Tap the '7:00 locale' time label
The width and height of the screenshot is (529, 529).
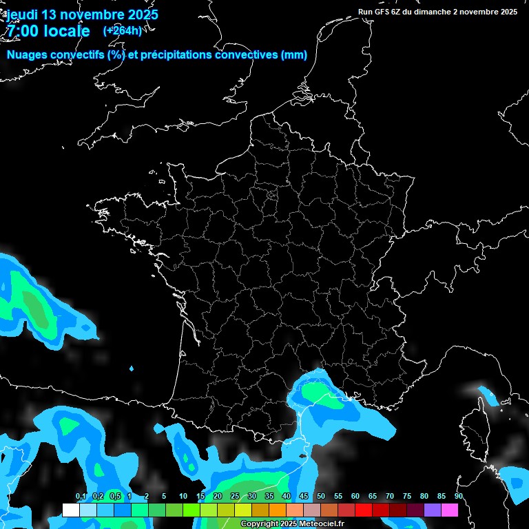pyautogui.click(x=48, y=31)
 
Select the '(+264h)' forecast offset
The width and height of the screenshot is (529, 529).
pyautogui.click(x=122, y=30)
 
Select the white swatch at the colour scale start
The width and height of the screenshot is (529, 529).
pyautogui.click(x=70, y=510)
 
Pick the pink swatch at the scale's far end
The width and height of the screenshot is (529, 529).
pyautogui.click(x=450, y=510)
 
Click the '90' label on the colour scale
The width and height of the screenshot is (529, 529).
pyautogui.click(x=458, y=497)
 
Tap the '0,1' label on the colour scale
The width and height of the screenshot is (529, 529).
pyautogui.click(x=81, y=497)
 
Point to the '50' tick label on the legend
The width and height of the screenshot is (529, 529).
pyautogui.click(x=321, y=497)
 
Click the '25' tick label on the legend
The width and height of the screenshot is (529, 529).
pyautogui.click(x=235, y=497)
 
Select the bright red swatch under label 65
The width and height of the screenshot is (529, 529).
pyautogui.click(x=364, y=510)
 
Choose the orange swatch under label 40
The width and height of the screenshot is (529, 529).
pyautogui.click(x=278, y=510)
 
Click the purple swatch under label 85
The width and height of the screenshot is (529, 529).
pyautogui.click(x=433, y=510)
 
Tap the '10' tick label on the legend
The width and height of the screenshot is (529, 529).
pyautogui.click(x=183, y=497)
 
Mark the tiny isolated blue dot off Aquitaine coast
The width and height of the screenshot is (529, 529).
pyautogui.click(x=132, y=369)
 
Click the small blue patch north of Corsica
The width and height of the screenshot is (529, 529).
pyautogui.click(x=488, y=395)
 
